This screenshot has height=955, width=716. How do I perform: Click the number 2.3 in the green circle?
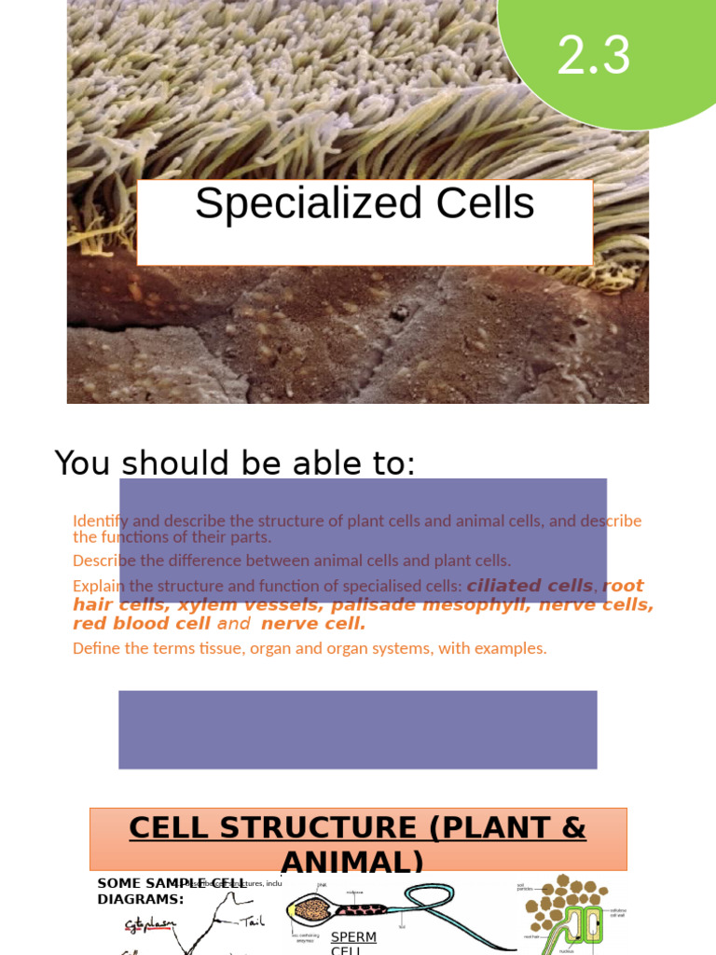pos(594,56)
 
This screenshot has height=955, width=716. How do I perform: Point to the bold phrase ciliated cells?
pos(530,586)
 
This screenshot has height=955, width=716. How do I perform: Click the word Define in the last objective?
pos(96,648)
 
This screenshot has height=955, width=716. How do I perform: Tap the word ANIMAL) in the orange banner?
pos(351,861)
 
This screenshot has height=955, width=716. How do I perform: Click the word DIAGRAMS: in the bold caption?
pos(140,900)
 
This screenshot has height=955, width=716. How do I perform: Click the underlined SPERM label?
pos(353,937)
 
